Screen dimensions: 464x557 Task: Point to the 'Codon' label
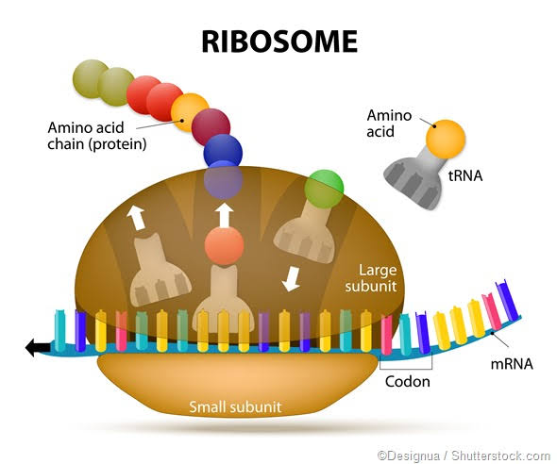coord(407,382)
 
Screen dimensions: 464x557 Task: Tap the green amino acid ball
coord(325,188)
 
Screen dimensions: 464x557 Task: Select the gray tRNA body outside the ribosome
coord(416,180)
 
